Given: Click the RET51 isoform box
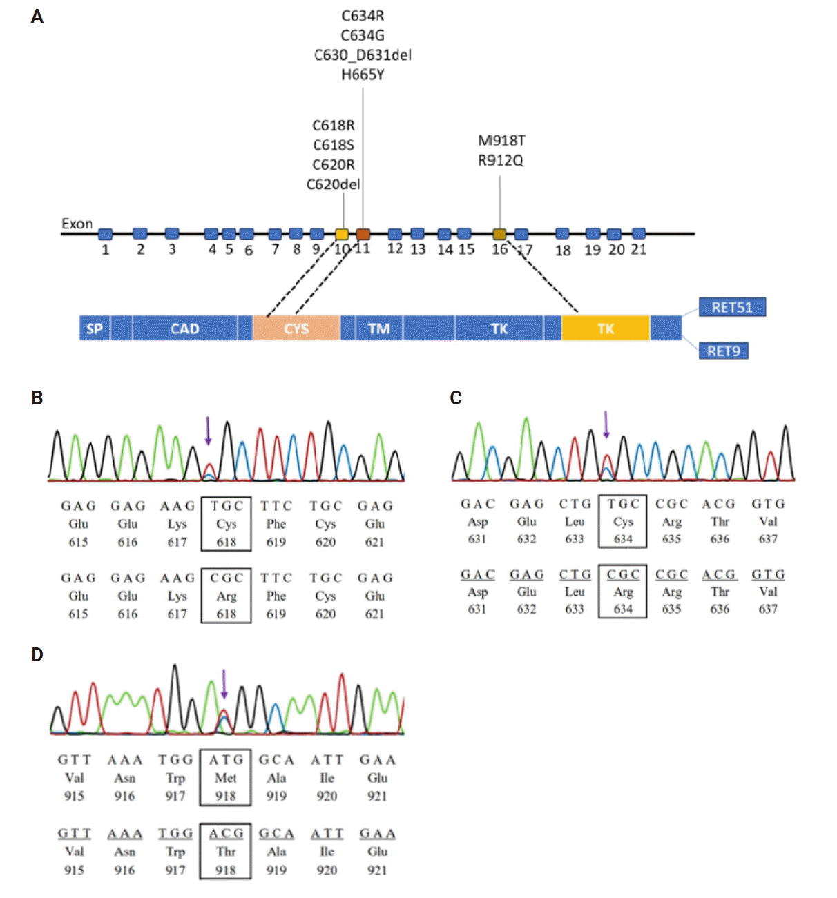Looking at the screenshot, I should (732, 307).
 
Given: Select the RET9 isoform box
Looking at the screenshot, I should (723, 351).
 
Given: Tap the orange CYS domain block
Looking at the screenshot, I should (296, 329).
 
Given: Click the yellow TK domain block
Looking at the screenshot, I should (606, 329).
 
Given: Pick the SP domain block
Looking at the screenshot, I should (95, 329).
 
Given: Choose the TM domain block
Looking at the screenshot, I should (378, 329).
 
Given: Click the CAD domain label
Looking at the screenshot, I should (184, 329).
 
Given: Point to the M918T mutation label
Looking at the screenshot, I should (502, 141).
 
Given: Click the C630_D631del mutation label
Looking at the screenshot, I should (363, 55).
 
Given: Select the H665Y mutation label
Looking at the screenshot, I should (363, 75).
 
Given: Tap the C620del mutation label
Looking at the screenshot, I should (333, 184).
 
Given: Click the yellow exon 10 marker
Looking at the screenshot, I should (342, 234).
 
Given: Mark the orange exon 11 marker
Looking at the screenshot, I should (363, 234).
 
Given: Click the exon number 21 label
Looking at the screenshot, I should (639, 249).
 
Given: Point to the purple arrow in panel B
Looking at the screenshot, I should (208, 431).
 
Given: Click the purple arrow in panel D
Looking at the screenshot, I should (224, 683).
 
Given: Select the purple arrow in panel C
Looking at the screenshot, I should (606, 424).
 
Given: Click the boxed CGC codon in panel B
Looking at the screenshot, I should (227, 578).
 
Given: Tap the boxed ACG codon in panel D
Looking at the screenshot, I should (226, 834).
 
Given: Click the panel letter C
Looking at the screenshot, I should (456, 398).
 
